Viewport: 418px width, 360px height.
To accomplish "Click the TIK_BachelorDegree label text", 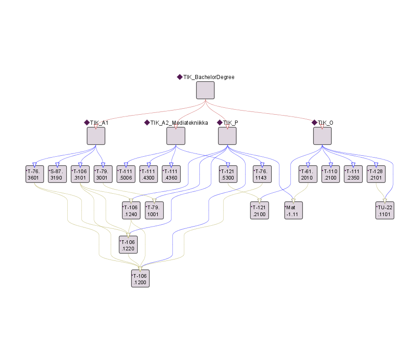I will [x=209, y=77].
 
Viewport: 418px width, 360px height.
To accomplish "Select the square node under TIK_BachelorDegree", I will [x=205, y=90].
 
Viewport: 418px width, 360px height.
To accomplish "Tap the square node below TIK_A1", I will [x=96, y=136].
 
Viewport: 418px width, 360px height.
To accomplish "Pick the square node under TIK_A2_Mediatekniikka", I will [x=176, y=136].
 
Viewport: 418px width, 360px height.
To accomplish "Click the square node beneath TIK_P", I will [x=227, y=136].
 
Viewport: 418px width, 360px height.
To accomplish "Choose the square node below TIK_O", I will [x=322, y=136].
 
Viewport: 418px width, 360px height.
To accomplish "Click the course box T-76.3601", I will [x=35, y=174].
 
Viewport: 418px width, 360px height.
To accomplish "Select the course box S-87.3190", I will [x=58, y=174].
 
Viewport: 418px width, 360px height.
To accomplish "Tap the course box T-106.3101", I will [x=80, y=174].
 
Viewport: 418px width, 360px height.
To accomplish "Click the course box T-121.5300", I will [x=228, y=174].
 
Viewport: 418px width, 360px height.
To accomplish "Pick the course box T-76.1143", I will [x=263, y=174].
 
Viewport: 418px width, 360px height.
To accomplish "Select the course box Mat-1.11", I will [x=294, y=210].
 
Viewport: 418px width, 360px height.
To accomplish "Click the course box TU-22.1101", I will [x=385, y=210].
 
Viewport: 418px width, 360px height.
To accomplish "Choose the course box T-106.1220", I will [x=128, y=244].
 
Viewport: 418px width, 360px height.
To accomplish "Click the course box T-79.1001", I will [x=155, y=210].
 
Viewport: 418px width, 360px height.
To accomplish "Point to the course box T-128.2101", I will [x=376, y=174].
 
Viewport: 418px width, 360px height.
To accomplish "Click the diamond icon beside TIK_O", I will [x=314, y=122].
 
